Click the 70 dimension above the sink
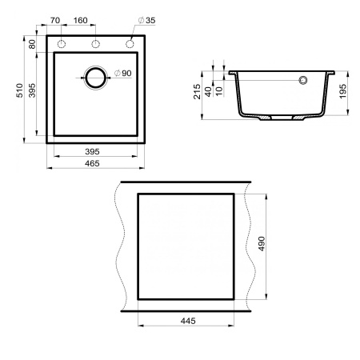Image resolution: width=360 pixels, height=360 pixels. [55, 18]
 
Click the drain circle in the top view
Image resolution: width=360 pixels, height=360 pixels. [95, 78]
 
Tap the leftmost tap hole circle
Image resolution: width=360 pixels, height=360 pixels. [62, 43]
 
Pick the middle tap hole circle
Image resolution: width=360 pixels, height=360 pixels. [95, 43]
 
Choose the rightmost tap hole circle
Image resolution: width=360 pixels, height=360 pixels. [128, 43]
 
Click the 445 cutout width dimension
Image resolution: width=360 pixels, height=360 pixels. [186, 320]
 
